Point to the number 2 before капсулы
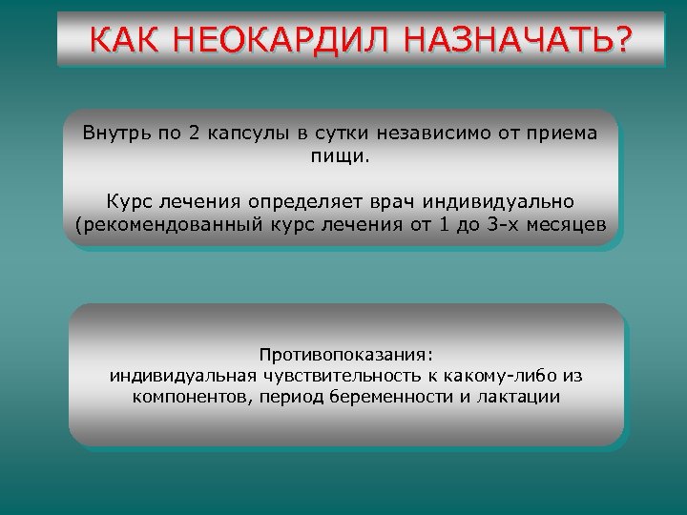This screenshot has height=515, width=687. coord(194,133)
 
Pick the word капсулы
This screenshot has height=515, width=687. coord(243,133)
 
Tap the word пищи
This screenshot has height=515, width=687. coord(339,155)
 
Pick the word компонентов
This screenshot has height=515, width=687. coord(191,398)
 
